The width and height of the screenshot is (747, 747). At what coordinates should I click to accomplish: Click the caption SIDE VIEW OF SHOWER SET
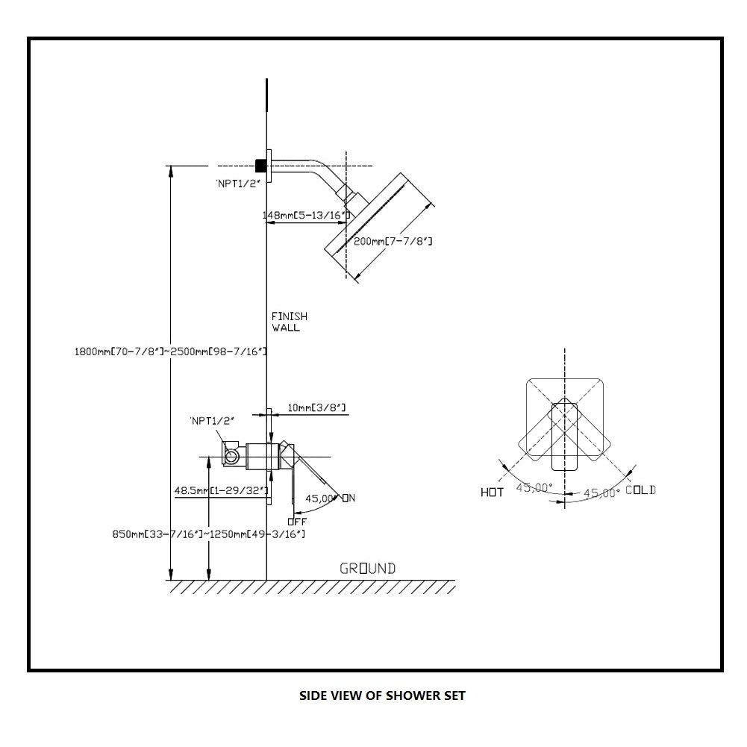point(382,696)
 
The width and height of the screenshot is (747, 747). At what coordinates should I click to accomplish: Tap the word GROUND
point(368,569)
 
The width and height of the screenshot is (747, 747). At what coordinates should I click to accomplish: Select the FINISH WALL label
point(289,322)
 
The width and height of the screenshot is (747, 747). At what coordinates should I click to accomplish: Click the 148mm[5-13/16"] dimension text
point(306,216)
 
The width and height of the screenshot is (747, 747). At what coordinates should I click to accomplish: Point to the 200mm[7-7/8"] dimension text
point(393,241)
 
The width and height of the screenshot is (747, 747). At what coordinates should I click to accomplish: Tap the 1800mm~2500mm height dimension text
point(171,350)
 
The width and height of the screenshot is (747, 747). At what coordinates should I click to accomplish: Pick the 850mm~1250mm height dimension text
point(208,534)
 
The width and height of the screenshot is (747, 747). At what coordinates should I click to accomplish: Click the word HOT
point(493,493)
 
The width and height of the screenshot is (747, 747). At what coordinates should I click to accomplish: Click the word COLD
point(640,490)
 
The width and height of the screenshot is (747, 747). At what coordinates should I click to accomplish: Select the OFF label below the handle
point(297,522)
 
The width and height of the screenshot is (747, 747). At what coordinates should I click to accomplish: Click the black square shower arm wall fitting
point(261,166)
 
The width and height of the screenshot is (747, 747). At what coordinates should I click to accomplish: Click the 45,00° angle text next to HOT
point(535,487)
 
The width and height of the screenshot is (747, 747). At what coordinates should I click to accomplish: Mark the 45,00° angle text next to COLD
point(601,493)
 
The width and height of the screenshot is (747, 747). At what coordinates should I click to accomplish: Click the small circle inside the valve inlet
point(232,454)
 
